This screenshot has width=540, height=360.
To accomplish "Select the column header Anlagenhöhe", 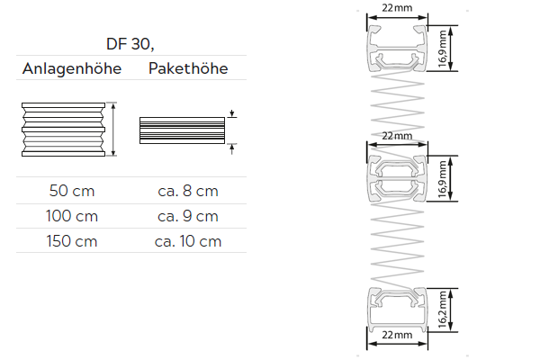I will click(x=71, y=69).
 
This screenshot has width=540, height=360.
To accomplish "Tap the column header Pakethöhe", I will click(x=187, y=69).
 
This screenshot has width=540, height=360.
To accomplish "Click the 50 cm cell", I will click(x=72, y=191).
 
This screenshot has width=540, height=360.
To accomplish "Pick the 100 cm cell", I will click(x=72, y=216).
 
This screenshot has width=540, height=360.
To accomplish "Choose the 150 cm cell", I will click(x=72, y=241).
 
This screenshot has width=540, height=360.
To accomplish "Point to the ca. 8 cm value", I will click(x=187, y=191).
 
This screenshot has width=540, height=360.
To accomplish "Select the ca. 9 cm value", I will click(x=187, y=216).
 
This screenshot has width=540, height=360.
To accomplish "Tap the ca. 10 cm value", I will click(x=187, y=241).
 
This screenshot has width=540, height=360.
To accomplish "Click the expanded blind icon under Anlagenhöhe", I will click(x=63, y=130).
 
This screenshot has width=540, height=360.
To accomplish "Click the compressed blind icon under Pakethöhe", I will click(x=182, y=130).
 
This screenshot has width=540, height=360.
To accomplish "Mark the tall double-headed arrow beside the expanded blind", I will click(x=114, y=130).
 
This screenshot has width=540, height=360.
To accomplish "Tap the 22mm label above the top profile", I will click(x=397, y=7).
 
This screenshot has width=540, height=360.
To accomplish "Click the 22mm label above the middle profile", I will click(x=397, y=135).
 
